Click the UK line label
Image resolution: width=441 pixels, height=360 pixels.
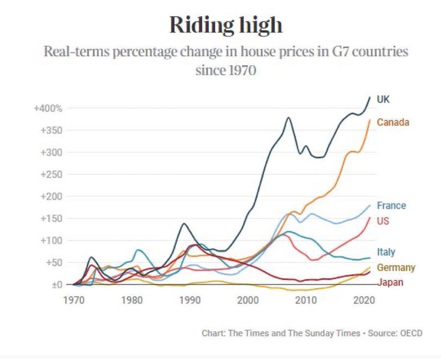tap(383, 100)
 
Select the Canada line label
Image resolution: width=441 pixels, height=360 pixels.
tap(392, 122)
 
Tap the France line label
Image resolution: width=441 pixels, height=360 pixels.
tap(391, 206)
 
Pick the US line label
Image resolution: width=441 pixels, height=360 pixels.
tap(383, 221)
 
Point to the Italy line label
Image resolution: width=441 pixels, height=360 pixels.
tap(386, 252)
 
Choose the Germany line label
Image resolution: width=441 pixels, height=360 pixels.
tap(396, 268)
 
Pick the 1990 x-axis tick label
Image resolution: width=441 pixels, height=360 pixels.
tap(190, 299)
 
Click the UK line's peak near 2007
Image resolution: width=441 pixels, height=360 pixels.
tap(289, 118)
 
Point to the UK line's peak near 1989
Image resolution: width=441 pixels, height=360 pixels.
tap(184, 224)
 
